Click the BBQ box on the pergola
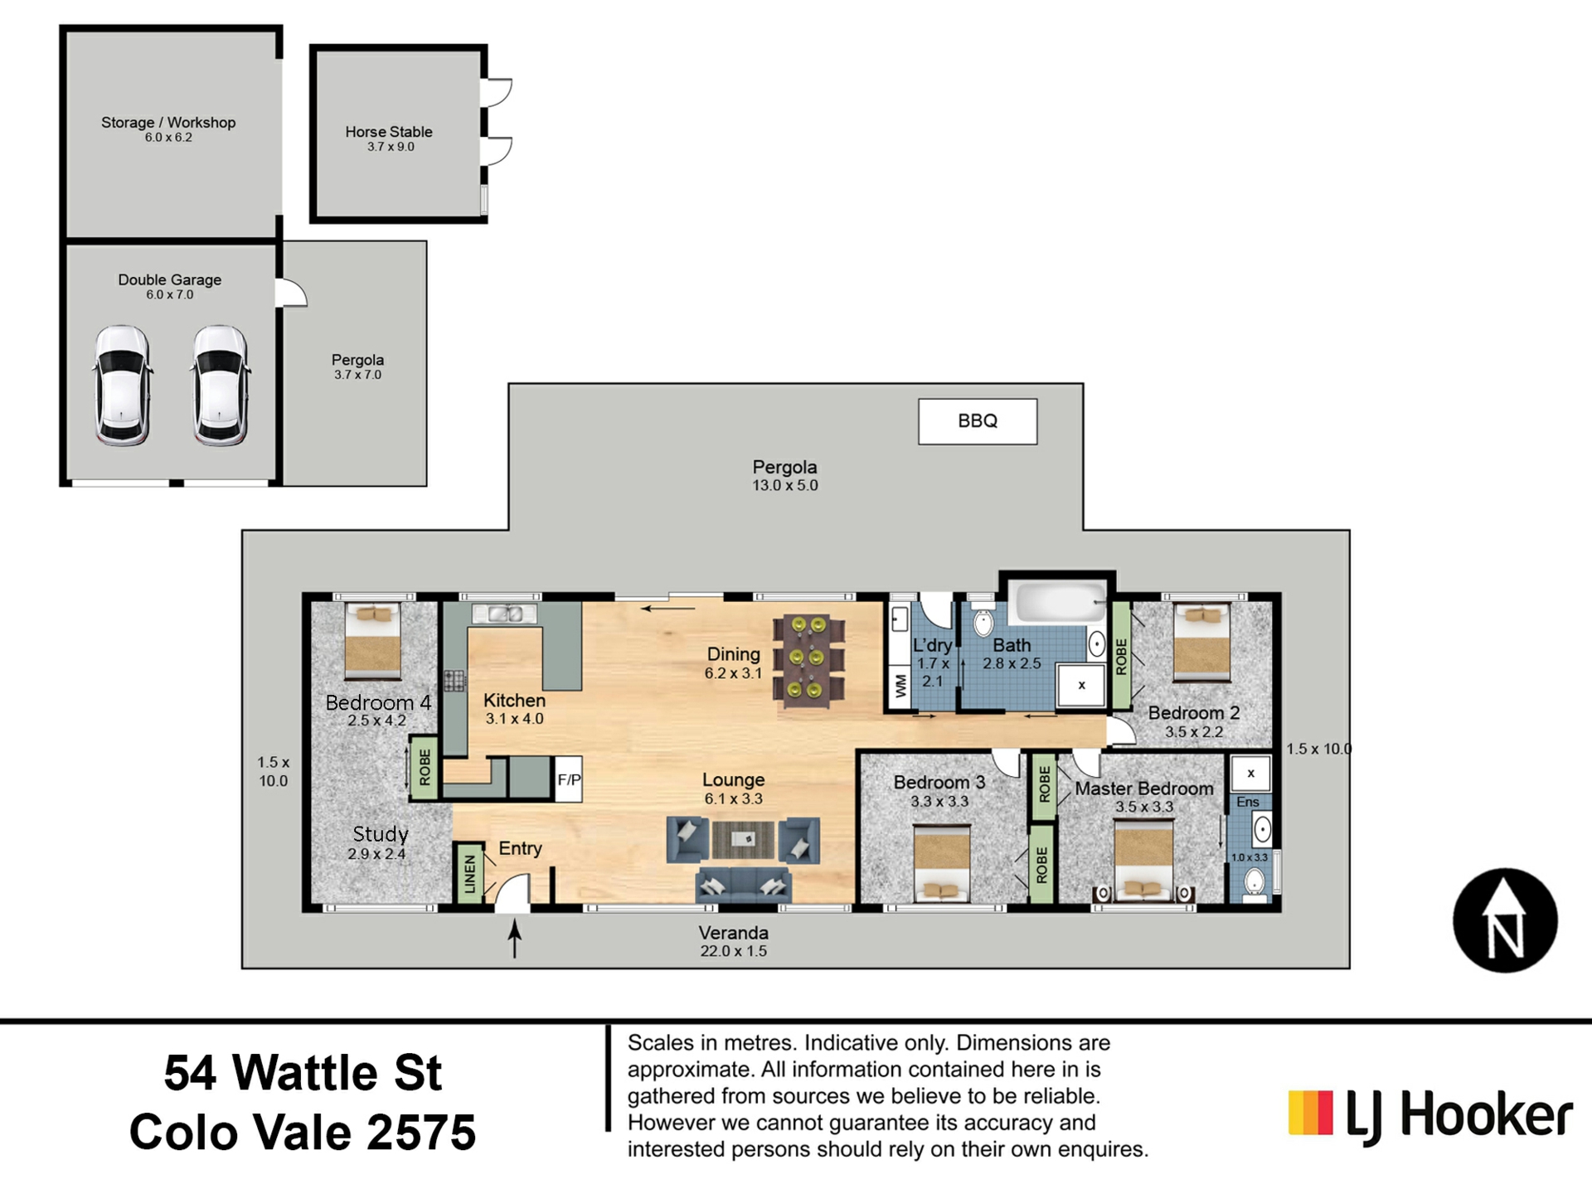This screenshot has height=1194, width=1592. tap(977, 421)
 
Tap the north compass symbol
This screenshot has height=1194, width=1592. tap(1505, 920)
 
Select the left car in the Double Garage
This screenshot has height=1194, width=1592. tap(123, 386)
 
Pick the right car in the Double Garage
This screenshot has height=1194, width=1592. tap(221, 386)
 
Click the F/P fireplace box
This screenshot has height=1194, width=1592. tap(569, 779)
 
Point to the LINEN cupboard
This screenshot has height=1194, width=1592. tap(470, 873)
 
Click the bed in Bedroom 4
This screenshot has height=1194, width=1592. tap(373, 641)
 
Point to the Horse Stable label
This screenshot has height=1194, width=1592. tap(389, 132)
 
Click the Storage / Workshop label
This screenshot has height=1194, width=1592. tap(168, 123)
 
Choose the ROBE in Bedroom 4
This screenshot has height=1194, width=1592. tap(425, 768)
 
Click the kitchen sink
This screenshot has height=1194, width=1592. tap(504, 614)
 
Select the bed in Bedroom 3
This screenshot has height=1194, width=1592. tap(942, 862)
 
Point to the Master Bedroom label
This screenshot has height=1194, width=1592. tap(1144, 789)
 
